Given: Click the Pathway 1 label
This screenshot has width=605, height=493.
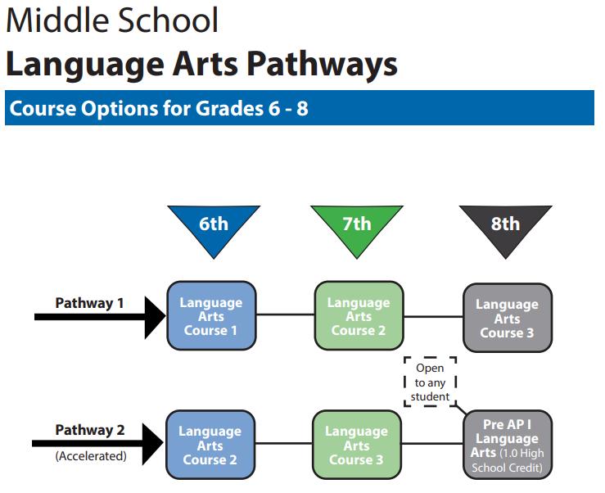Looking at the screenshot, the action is click(x=89, y=303).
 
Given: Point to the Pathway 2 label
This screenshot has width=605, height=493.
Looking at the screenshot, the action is click(x=90, y=430).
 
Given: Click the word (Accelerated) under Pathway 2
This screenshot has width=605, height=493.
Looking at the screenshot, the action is click(x=91, y=456).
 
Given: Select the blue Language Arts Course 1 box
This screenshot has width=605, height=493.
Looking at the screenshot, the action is click(x=211, y=316).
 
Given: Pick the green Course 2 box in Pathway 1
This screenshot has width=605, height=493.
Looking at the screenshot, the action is click(x=359, y=316).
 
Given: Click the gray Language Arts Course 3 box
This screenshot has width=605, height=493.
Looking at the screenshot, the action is click(x=508, y=318).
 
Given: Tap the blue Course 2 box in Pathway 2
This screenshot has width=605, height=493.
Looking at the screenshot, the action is click(x=210, y=445).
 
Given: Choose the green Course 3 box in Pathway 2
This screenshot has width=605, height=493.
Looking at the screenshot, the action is click(x=357, y=445).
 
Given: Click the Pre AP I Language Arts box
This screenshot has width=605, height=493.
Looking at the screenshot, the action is click(x=508, y=445).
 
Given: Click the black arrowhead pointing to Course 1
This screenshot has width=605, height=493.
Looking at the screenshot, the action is click(x=155, y=318).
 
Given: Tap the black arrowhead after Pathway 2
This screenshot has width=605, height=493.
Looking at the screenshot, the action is click(x=153, y=444).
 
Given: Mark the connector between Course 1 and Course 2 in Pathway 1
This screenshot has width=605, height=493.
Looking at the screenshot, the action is click(x=286, y=314).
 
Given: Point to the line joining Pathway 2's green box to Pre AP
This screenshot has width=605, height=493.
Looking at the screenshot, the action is click(x=432, y=444).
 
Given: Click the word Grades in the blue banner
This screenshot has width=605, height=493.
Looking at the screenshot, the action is click(x=229, y=108).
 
